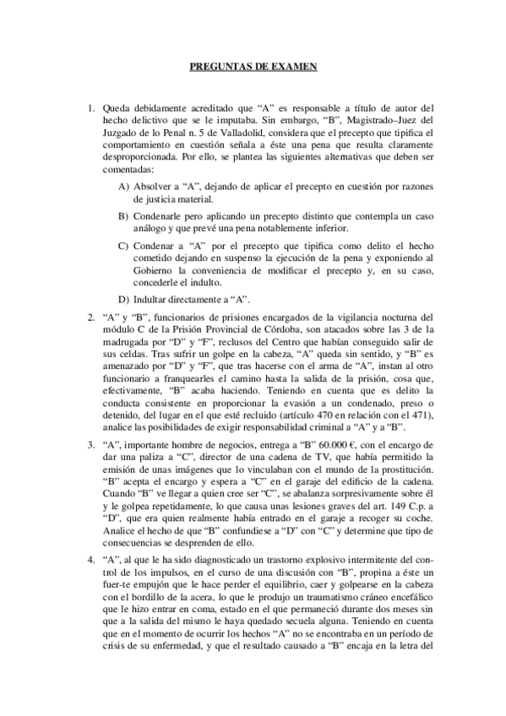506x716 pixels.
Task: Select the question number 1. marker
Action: (x=92, y=108)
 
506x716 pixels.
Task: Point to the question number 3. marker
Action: (x=92, y=444)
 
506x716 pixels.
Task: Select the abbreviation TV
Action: (x=290, y=457)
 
